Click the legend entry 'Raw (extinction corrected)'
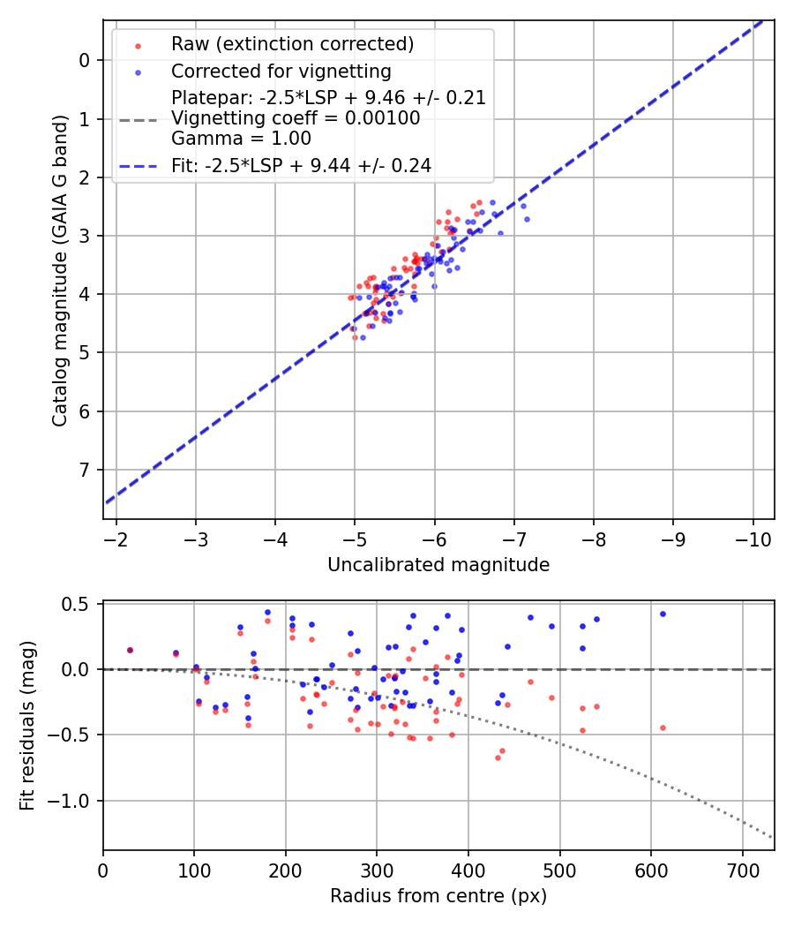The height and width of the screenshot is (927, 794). (x=292, y=44)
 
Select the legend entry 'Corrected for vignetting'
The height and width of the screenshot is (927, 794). (x=281, y=71)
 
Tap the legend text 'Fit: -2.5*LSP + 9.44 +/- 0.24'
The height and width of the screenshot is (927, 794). (x=301, y=165)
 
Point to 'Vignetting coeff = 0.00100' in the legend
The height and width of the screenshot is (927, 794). (x=296, y=117)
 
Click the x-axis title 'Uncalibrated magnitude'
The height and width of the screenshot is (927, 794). (x=438, y=565)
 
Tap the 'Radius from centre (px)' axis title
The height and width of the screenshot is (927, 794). (x=438, y=896)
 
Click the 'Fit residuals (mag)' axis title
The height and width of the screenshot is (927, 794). (x=28, y=727)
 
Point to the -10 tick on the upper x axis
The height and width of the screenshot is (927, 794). (x=753, y=537)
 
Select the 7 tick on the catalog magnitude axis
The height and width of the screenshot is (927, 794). (x=85, y=470)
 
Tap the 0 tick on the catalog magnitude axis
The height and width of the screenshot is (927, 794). (x=85, y=60)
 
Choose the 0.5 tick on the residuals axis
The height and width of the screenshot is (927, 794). (x=78, y=604)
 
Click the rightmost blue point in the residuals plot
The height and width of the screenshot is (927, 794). (x=663, y=614)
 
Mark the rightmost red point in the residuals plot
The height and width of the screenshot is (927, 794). (x=663, y=727)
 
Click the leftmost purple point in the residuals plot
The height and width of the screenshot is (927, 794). (x=130, y=650)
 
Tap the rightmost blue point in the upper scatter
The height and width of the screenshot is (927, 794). (x=527, y=219)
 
